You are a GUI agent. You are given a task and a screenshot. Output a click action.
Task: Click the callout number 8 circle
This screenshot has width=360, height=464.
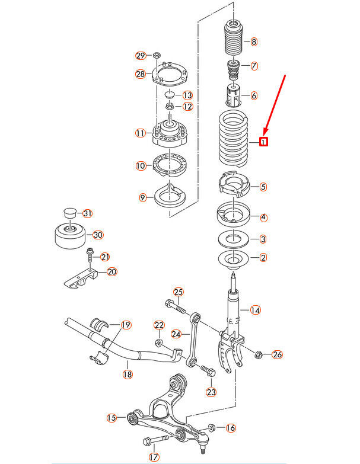click(x=254, y=41)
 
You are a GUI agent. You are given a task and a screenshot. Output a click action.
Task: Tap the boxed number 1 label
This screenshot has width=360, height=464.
click(x=263, y=142)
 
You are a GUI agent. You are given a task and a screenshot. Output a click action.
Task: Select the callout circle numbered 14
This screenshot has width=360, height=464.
click(x=255, y=310)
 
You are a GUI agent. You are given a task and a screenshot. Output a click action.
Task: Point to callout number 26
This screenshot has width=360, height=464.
click(x=277, y=355)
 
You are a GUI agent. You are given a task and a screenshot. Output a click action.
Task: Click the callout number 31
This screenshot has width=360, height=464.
click(x=88, y=213)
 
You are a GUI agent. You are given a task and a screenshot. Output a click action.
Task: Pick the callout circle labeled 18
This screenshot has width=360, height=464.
click(x=127, y=374)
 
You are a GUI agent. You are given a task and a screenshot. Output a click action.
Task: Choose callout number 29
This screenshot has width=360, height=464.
click(x=141, y=56)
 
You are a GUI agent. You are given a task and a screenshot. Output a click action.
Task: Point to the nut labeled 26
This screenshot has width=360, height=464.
click(x=259, y=355)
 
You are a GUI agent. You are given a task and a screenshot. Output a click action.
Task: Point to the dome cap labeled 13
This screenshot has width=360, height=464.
click(x=169, y=95)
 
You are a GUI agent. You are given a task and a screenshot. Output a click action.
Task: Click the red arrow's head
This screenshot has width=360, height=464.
click(x=265, y=131)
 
